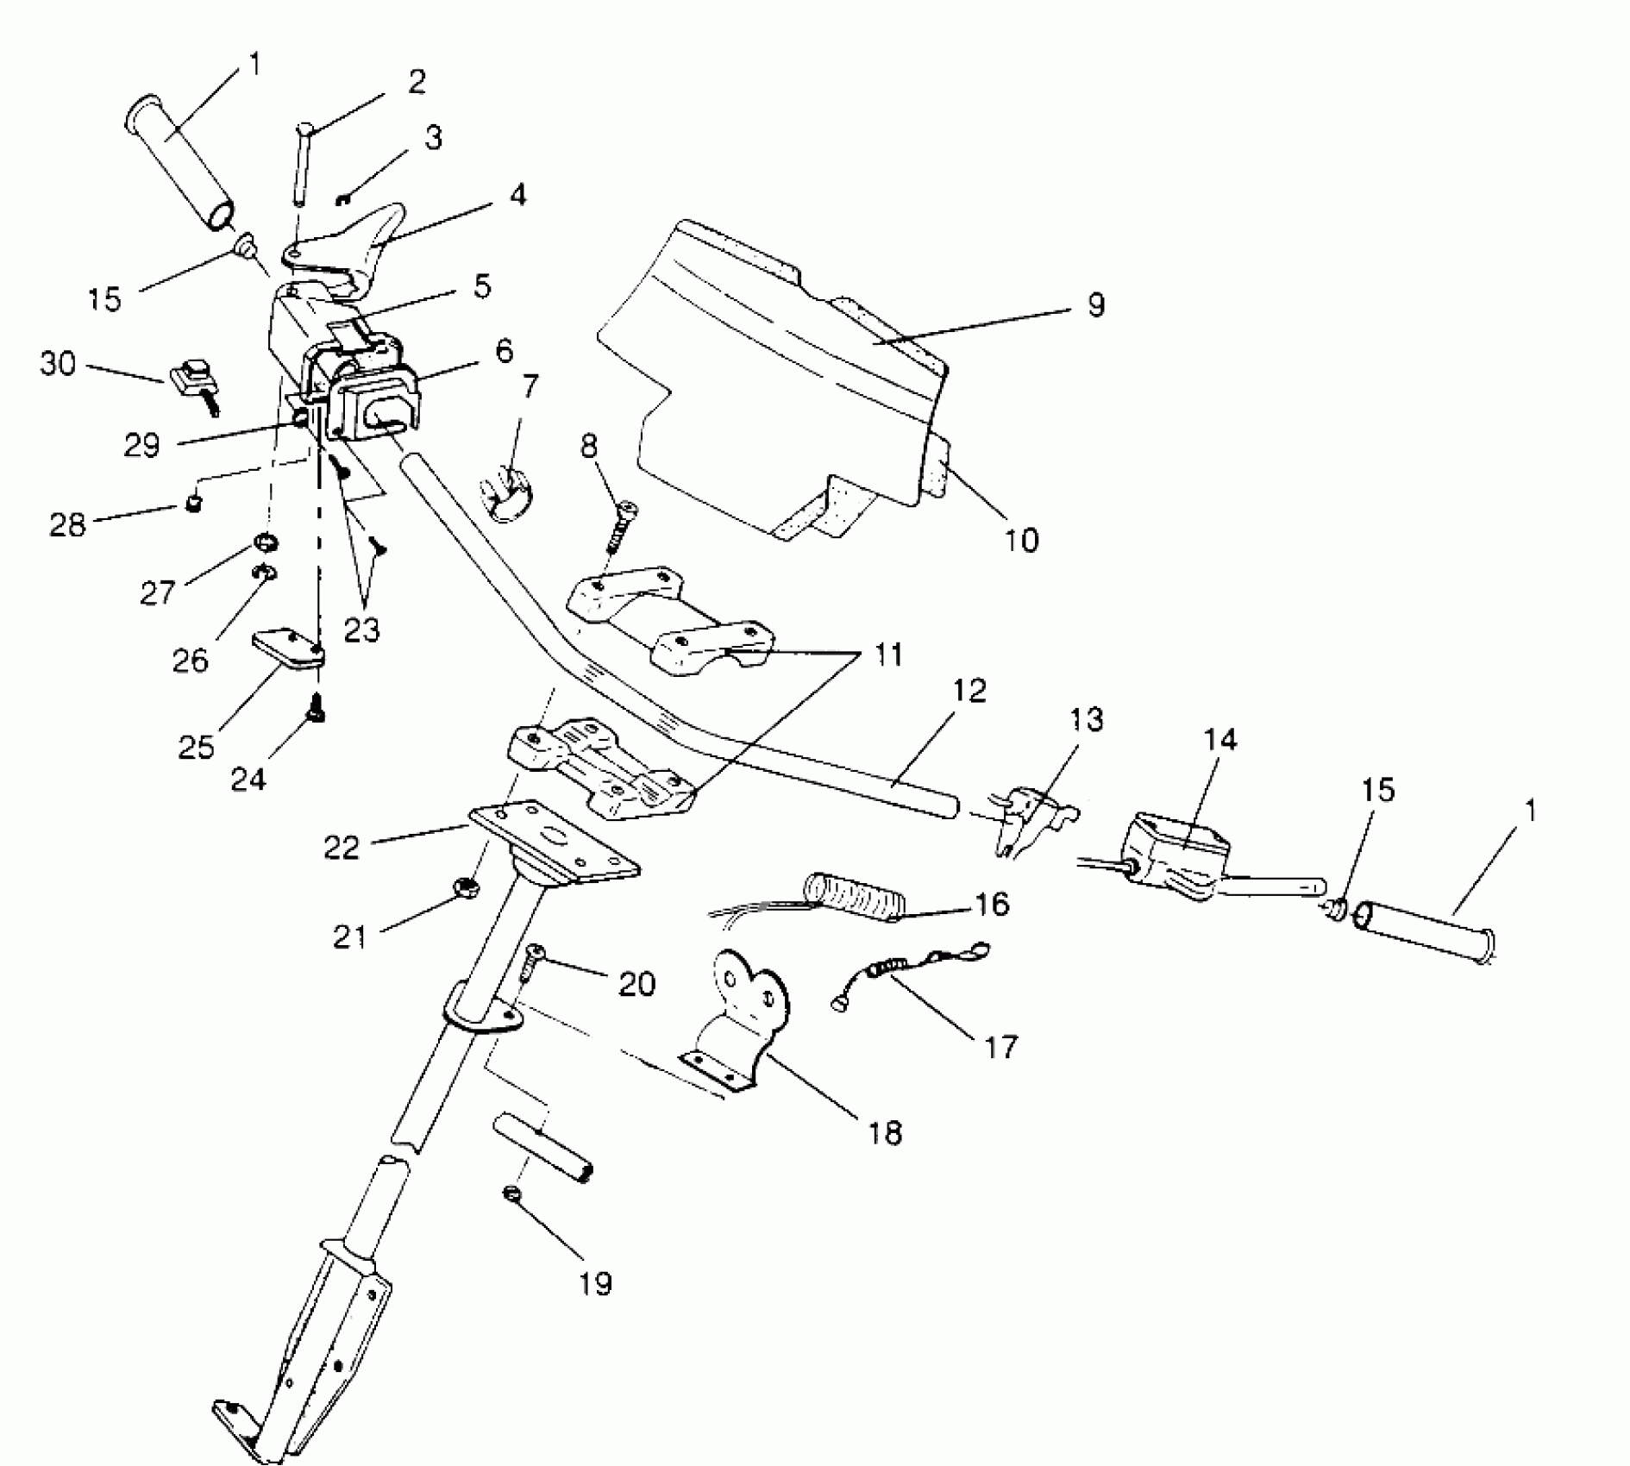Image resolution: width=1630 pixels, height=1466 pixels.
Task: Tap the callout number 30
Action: coord(58,364)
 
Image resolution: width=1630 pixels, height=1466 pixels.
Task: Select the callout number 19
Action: coord(596,1283)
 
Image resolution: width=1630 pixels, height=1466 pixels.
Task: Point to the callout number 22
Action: coord(342,849)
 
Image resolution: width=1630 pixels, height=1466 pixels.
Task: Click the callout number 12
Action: coord(969,692)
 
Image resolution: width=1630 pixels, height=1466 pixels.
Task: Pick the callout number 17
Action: coord(1000,1047)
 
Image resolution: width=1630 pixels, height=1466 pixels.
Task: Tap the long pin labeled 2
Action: coord(301,164)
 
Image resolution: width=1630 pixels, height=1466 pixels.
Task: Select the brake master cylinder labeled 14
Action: coord(1175,849)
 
